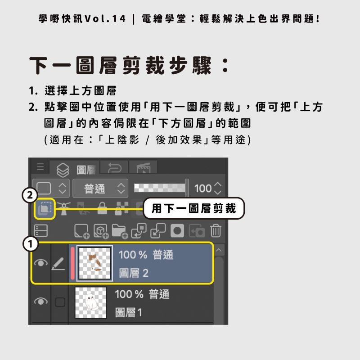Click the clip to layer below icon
pyautogui.click(x=44, y=209)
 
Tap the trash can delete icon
pyautogui.click(x=216, y=231)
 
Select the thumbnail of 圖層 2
pyautogui.click(x=95, y=263)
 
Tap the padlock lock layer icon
pyautogui.click(x=103, y=208)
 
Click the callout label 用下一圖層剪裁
pyautogui.click(x=193, y=208)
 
